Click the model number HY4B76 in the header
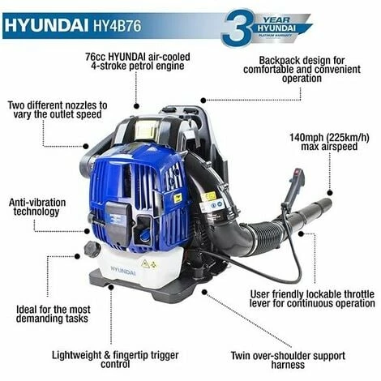[x=118, y=26]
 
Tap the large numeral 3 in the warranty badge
[x=237, y=28]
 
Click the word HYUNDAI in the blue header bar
[x=47, y=26]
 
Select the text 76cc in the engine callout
[x=96, y=57]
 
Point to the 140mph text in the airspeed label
[x=306, y=138]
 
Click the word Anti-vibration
[x=37, y=203]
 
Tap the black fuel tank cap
[x=92, y=249]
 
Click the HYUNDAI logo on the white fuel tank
[x=123, y=271]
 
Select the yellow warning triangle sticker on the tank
[x=145, y=263]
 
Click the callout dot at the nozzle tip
[x=329, y=193]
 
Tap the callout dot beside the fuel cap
[x=77, y=256]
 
